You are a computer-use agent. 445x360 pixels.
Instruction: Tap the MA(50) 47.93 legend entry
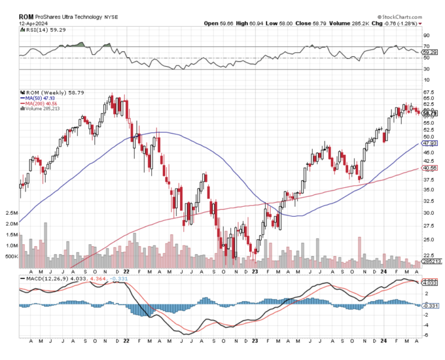pos(35,98)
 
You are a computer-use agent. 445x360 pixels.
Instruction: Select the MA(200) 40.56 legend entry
pos(36,103)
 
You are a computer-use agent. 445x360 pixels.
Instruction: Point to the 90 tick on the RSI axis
pos(426,36)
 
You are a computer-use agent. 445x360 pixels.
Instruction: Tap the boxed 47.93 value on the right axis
pos(430,143)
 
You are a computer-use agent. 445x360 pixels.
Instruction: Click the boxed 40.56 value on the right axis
pos(430,168)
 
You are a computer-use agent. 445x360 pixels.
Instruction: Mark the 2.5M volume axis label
pos(10,213)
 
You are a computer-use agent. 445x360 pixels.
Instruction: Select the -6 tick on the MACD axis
pos(426,335)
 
